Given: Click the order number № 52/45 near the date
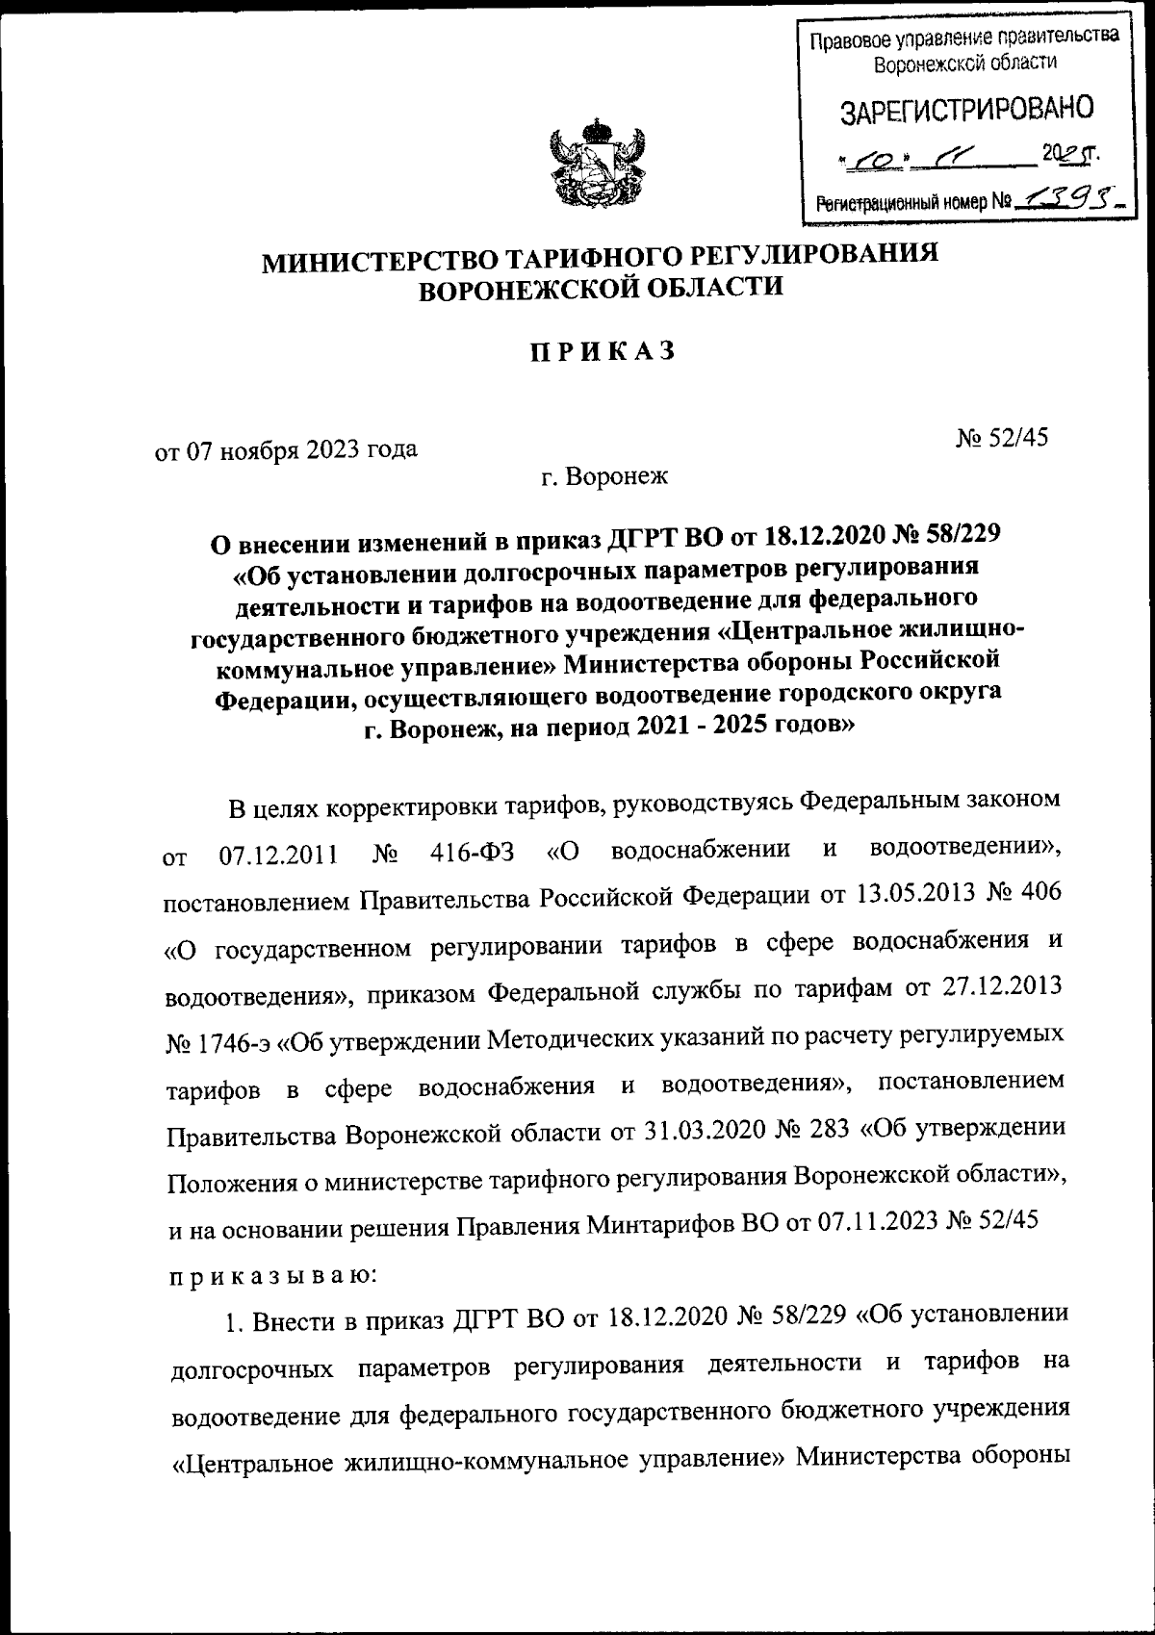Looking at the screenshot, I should click(x=1001, y=438).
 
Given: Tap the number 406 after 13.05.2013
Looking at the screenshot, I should click(x=1039, y=895).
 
